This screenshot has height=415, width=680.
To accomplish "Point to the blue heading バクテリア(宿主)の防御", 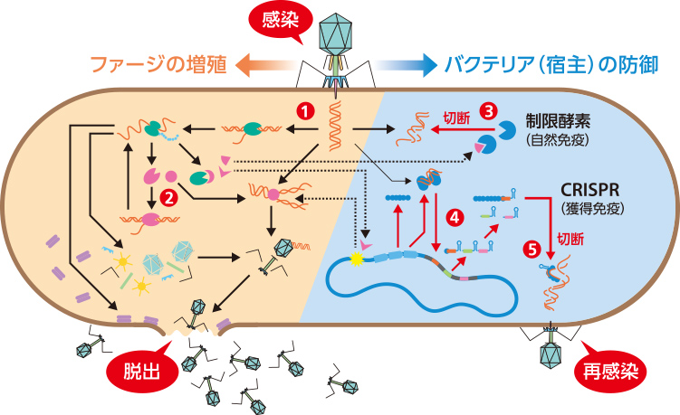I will click(x=551, y=65).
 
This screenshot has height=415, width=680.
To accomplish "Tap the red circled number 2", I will click(x=167, y=193).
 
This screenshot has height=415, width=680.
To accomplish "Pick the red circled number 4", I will click(x=455, y=216).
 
